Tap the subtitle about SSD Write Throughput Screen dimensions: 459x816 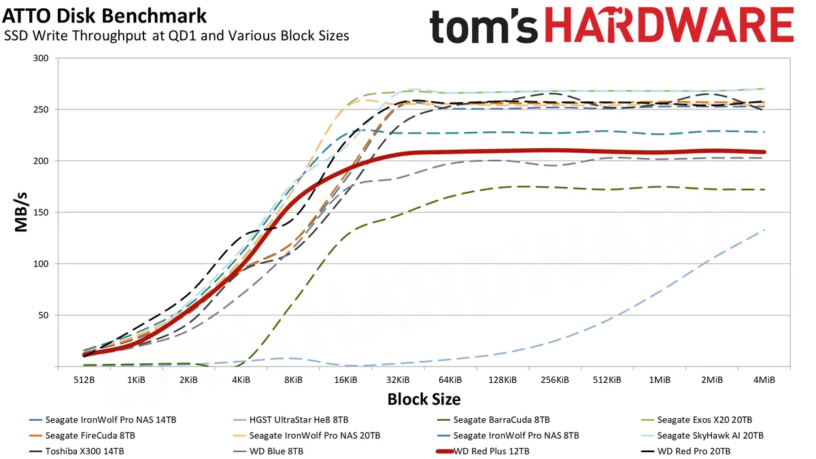click(177, 35)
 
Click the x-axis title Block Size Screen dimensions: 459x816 click(424, 399)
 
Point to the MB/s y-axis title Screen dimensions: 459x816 click(22, 212)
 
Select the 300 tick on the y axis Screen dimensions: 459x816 click(42, 58)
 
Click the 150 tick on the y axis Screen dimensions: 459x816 click(42, 212)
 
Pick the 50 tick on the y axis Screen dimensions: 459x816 click(44, 315)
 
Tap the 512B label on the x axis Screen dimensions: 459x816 click(84, 379)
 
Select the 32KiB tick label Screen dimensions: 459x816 click(398, 379)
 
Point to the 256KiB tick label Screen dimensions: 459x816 click(555, 379)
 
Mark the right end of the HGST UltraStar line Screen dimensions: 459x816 click(764, 230)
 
